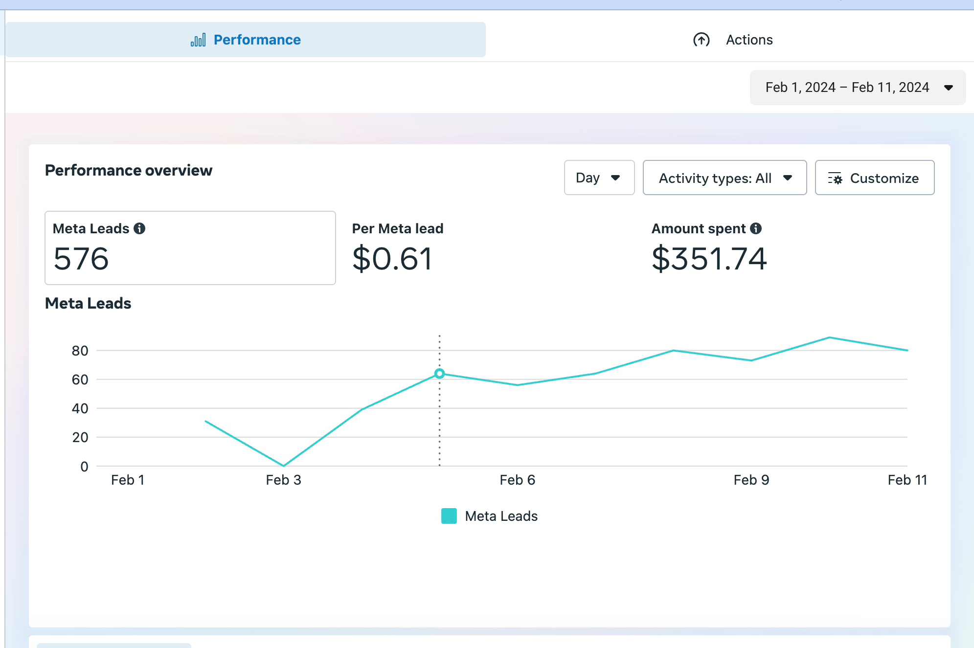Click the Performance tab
tap(246, 40)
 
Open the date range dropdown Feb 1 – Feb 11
tap(858, 88)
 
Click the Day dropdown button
tap(599, 178)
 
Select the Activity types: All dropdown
tap(724, 178)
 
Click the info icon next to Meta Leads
tap(139, 228)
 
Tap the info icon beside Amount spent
tap(756, 228)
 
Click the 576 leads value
tap(81, 259)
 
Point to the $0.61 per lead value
tap(392, 259)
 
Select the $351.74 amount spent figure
tap(709, 259)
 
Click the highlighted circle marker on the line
tap(439, 374)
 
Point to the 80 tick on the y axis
tap(80, 351)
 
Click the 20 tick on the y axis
tap(80, 437)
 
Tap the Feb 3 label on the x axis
tap(283, 480)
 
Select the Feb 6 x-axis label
tap(517, 480)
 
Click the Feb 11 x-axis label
tap(907, 480)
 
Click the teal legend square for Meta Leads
tap(449, 516)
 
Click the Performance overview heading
tap(129, 170)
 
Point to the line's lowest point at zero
tap(283, 466)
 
